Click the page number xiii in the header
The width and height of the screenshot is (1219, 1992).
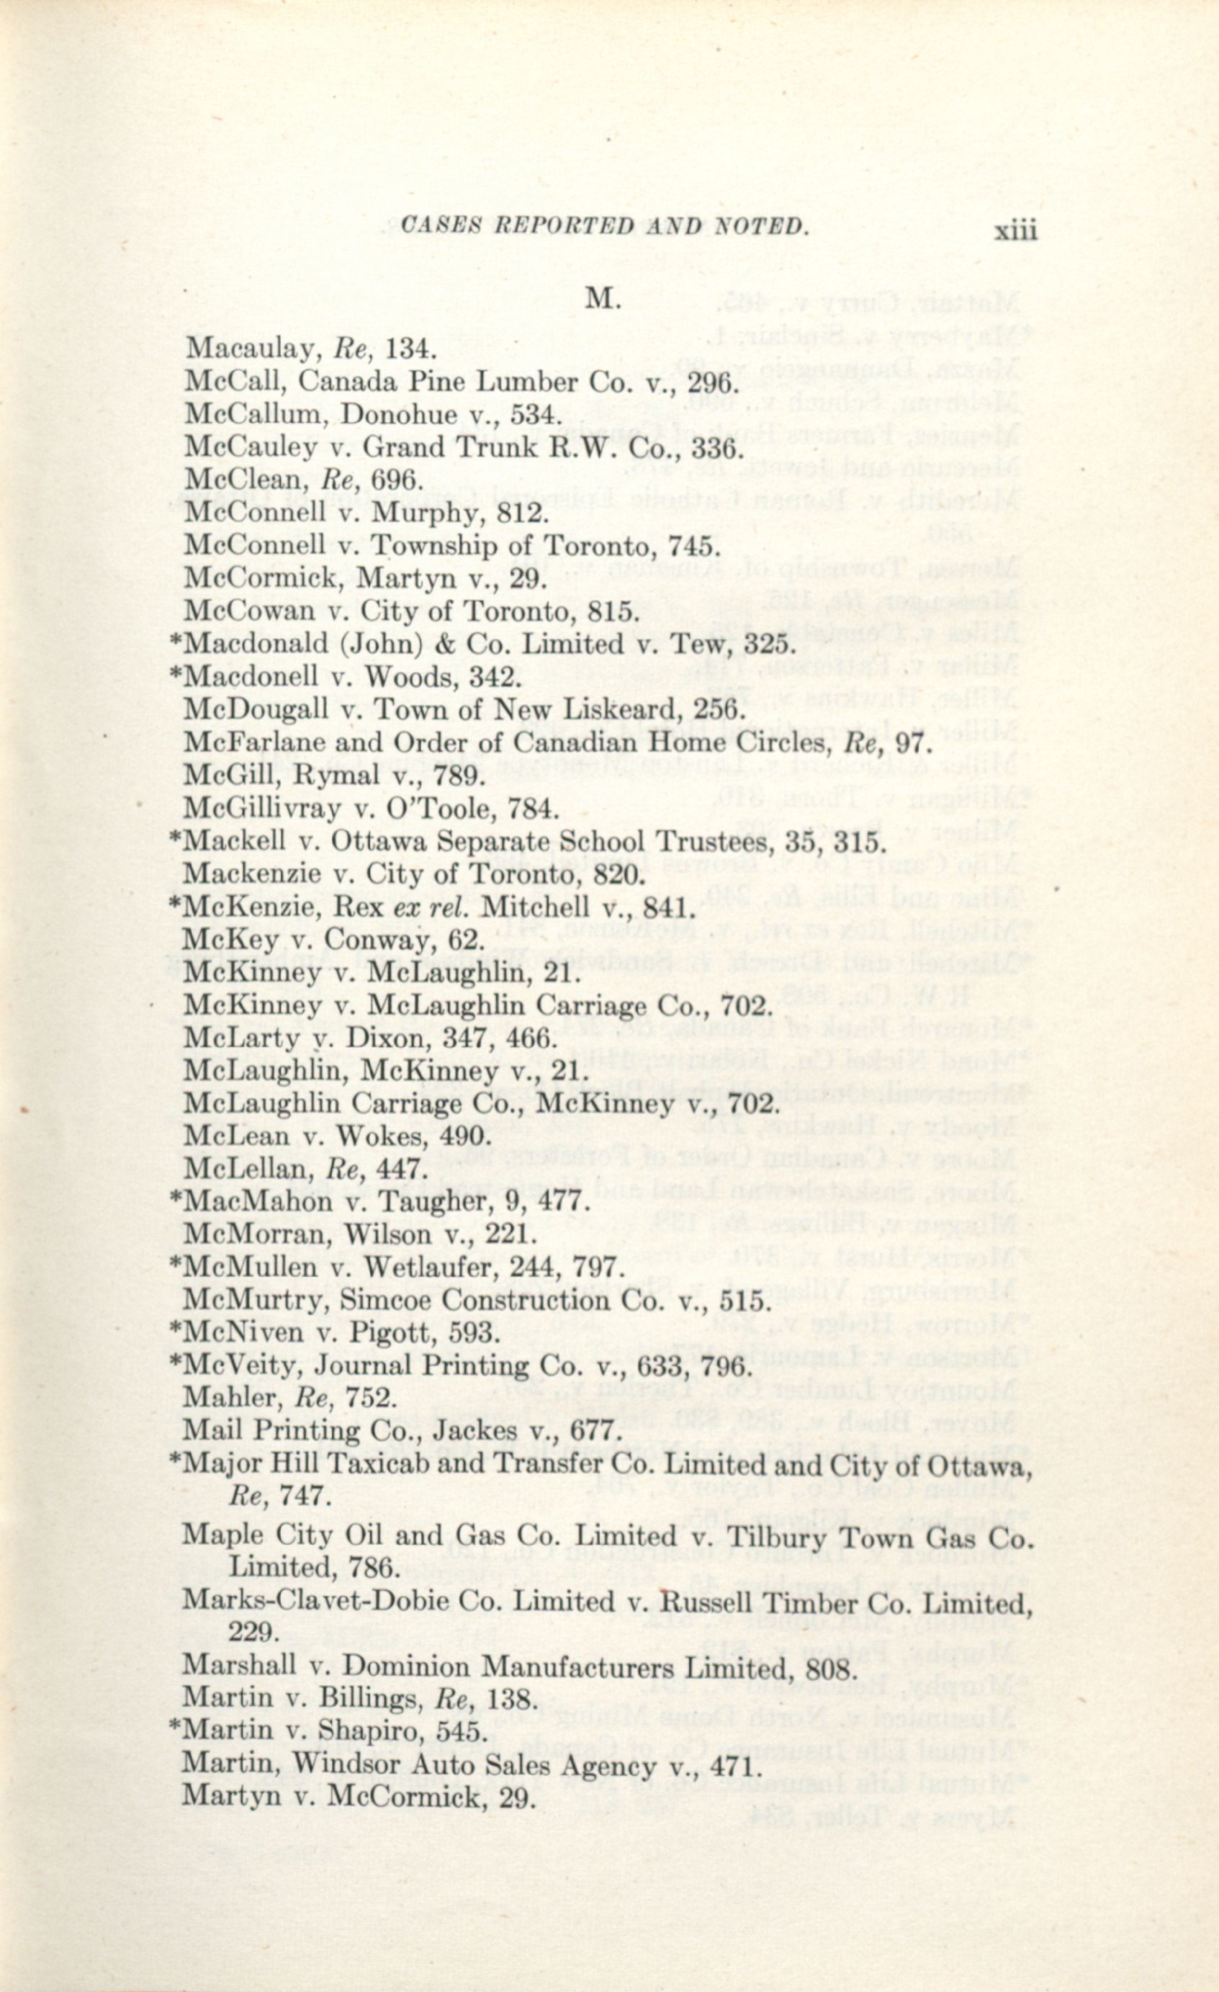pos(1015,232)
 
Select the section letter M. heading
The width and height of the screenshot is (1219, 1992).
pos(602,299)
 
